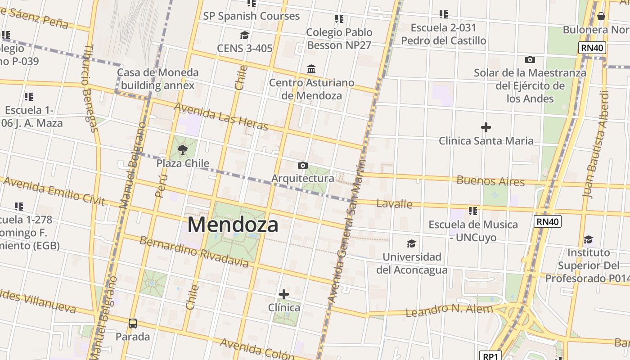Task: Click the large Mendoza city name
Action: coord(233,225)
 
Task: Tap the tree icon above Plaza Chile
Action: coord(182,149)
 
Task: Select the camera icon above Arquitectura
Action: coord(303,165)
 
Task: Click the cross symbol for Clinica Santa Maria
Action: coord(486,127)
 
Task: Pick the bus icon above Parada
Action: coord(133,323)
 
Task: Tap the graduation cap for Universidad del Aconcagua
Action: coord(411,243)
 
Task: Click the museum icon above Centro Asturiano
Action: coord(311,69)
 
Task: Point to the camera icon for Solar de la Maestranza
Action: coord(530,59)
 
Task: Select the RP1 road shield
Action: coord(490,356)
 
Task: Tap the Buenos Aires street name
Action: coord(490,181)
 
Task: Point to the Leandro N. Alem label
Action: coord(449,310)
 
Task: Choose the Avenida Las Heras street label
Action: coord(221,116)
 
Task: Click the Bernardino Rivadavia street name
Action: coord(193,251)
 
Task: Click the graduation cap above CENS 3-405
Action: coord(244,35)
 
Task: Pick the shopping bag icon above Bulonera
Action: coord(601,17)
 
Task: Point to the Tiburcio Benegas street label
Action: coord(90,88)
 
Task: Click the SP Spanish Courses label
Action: coord(251,16)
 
